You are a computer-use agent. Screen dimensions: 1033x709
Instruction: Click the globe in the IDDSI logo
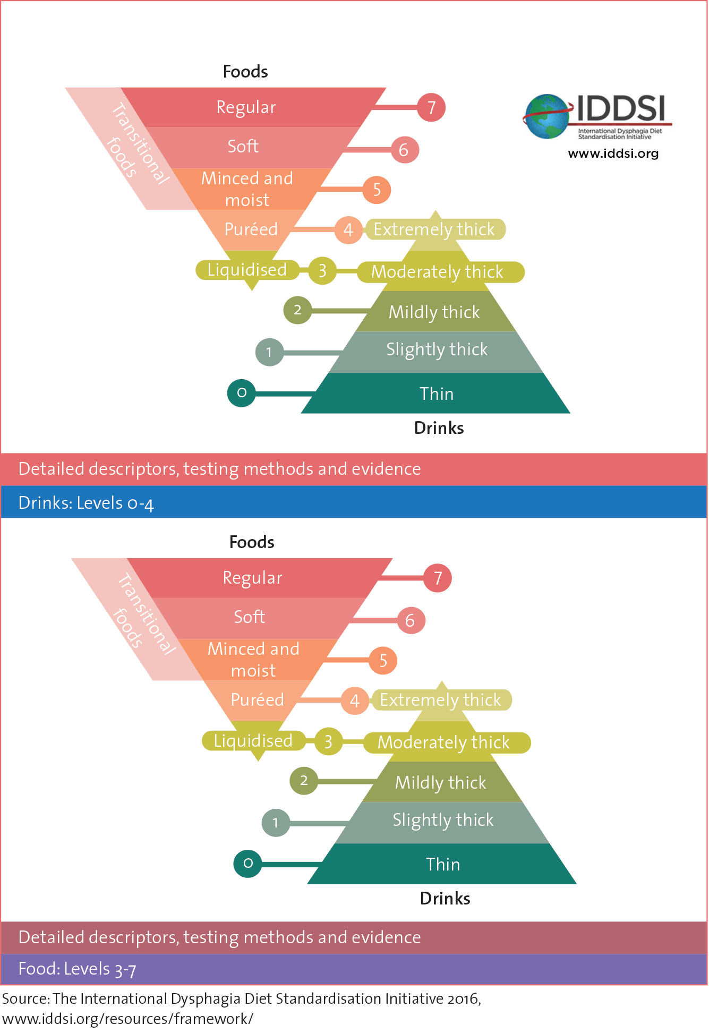click(x=546, y=117)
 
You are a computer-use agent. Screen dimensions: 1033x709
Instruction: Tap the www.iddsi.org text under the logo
click(x=613, y=153)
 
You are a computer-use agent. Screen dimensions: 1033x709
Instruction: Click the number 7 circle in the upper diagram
click(x=431, y=107)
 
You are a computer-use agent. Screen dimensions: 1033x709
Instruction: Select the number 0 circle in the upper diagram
click(x=242, y=393)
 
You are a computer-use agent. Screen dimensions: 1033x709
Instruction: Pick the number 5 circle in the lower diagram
click(x=383, y=661)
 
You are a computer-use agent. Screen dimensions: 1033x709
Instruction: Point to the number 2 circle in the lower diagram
click(x=304, y=781)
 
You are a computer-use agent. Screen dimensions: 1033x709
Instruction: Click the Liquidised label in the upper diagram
click(x=247, y=270)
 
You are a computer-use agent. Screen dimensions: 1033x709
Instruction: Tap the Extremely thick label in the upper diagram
click(x=434, y=229)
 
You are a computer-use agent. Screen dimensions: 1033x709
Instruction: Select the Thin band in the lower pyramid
click(x=442, y=864)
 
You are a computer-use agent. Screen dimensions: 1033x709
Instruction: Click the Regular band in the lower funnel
click(x=253, y=578)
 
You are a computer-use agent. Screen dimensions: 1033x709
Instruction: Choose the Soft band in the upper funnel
click(x=243, y=147)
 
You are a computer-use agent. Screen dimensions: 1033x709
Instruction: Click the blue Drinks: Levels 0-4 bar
click(x=353, y=502)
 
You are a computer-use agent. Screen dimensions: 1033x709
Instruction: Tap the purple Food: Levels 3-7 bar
click(x=353, y=969)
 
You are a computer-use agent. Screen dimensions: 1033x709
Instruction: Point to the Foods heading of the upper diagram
click(x=245, y=72)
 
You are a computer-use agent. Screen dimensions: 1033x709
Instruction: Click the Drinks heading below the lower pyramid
click(x=445, y=899)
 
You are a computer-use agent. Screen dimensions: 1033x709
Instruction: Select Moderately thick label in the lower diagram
click(x=444, y=742)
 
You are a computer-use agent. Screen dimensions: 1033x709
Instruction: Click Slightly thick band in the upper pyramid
click(x=437, y=350)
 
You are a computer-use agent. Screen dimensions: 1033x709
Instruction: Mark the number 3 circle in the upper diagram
click(x=322, y=271)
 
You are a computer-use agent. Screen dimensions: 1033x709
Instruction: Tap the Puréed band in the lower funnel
click(x=258, y=700)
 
